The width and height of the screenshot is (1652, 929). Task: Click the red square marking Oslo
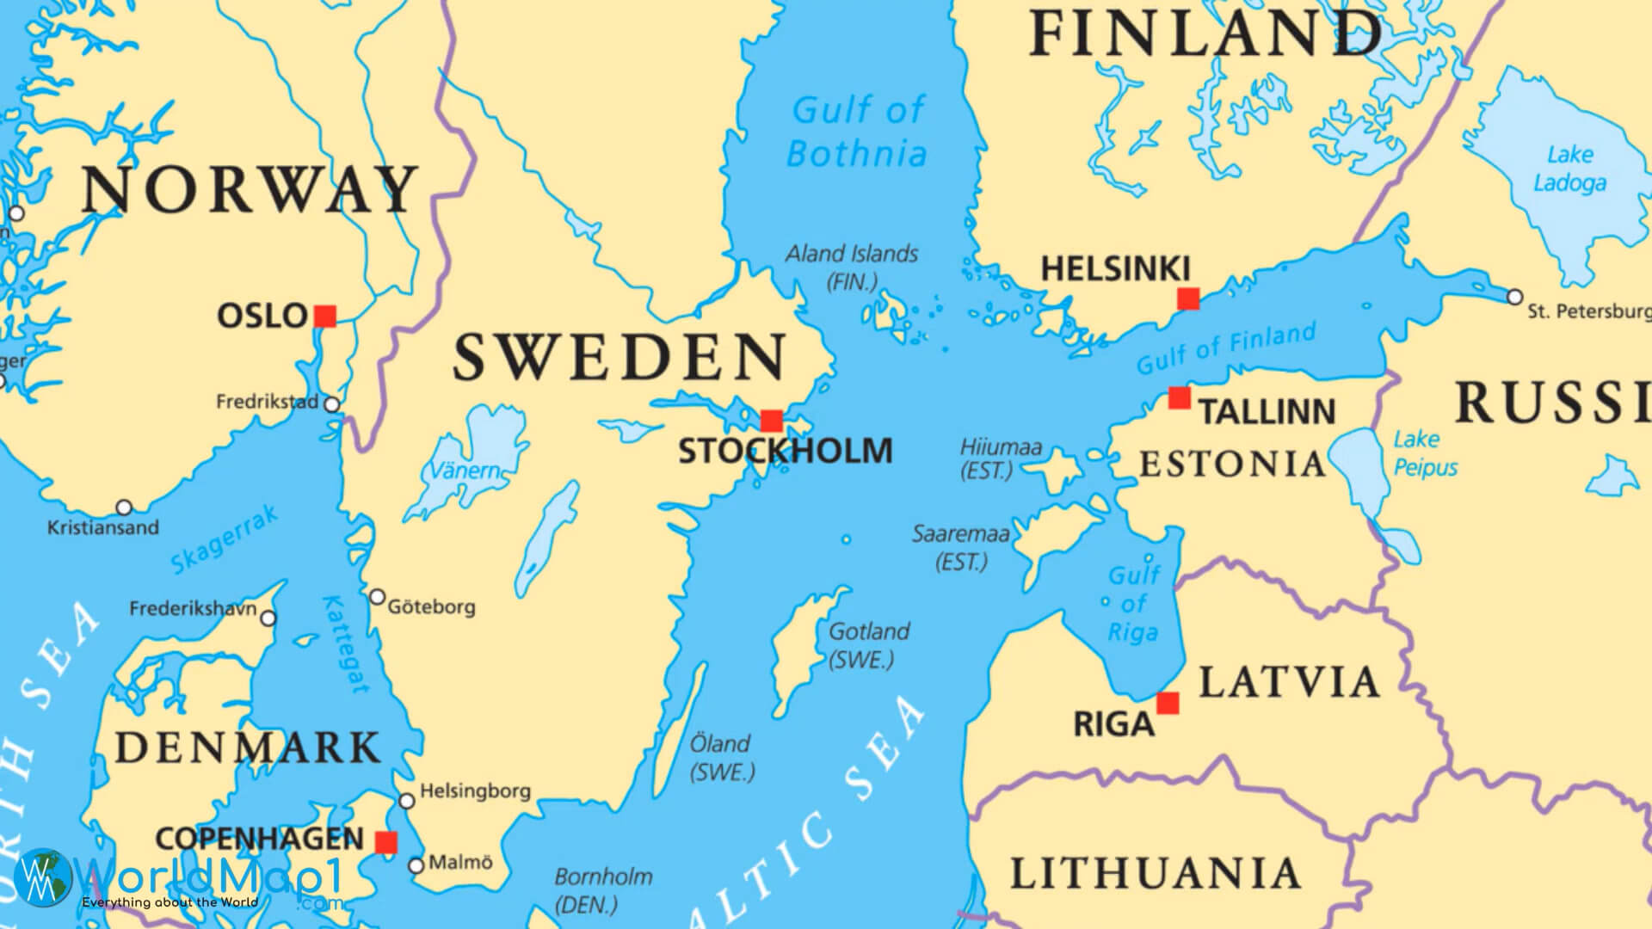pyautogui.click(x=324, y=316)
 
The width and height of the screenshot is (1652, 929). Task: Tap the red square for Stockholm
pyautogui.click(x=772, y=421)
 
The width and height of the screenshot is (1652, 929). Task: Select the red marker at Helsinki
pyautogui.click(x=1188, y=298)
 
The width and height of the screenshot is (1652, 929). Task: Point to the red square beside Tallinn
pyautogui.click(x=1180, y=397)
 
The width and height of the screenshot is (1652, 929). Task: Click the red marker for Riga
pyautogui.click(x=1168, y=703)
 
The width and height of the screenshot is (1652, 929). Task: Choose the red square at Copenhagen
pyautogui.click(x=386, y=842)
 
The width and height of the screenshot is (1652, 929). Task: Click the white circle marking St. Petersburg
pyautogui.click(x=1514, y=297)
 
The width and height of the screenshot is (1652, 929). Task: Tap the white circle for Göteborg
pyautogui.click(x=377, y=597)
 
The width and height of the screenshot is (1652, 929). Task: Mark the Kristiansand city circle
pyautogui.click(x=124, y=507)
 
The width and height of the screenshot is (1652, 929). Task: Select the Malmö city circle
pyautogui.click(x=416, y=865)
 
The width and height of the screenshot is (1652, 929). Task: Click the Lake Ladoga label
pyautogui.click(x=1569, y=169)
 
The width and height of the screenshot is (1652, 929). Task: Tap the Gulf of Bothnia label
pyautogui.click(x=857, y=132)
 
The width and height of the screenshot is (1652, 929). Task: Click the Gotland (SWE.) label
pyautogui.click(x=867, y=644)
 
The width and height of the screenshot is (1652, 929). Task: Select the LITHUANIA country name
pyautogui.click(x=1155, y=874)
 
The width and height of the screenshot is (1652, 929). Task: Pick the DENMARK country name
pyautogui.click(x=248, y=748)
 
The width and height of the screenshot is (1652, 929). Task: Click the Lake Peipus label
pyautogui.click(x=1425, y=453)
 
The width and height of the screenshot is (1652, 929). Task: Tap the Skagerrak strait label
pyautogui.click(x=225, y=539)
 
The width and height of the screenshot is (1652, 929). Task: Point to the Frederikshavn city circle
pyautogui.click(x=268, y=618)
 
